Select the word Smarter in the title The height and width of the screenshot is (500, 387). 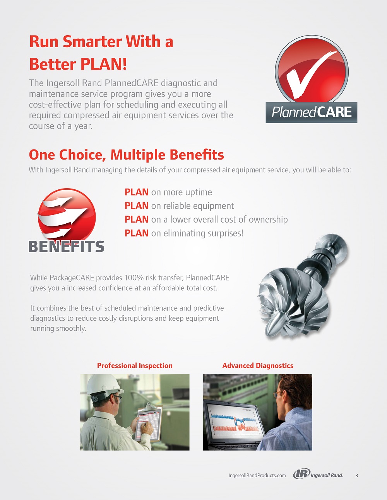(92, 41)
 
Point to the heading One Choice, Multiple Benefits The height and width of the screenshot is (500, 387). (127, 155)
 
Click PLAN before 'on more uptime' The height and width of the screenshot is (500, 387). (136, 192)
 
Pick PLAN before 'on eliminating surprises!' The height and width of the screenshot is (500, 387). (136, 233)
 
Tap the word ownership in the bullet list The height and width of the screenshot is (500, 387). (268, 220)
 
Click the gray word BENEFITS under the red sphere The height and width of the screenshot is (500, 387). (66, 247)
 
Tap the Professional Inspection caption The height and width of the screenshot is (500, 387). (135, 366)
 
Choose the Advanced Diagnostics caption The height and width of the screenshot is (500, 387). (258, 366)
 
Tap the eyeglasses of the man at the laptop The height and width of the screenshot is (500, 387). (278, 394)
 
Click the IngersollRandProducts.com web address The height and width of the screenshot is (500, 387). (257, 475)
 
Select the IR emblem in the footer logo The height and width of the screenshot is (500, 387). (301, 474)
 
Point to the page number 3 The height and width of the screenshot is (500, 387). (356, 475)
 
